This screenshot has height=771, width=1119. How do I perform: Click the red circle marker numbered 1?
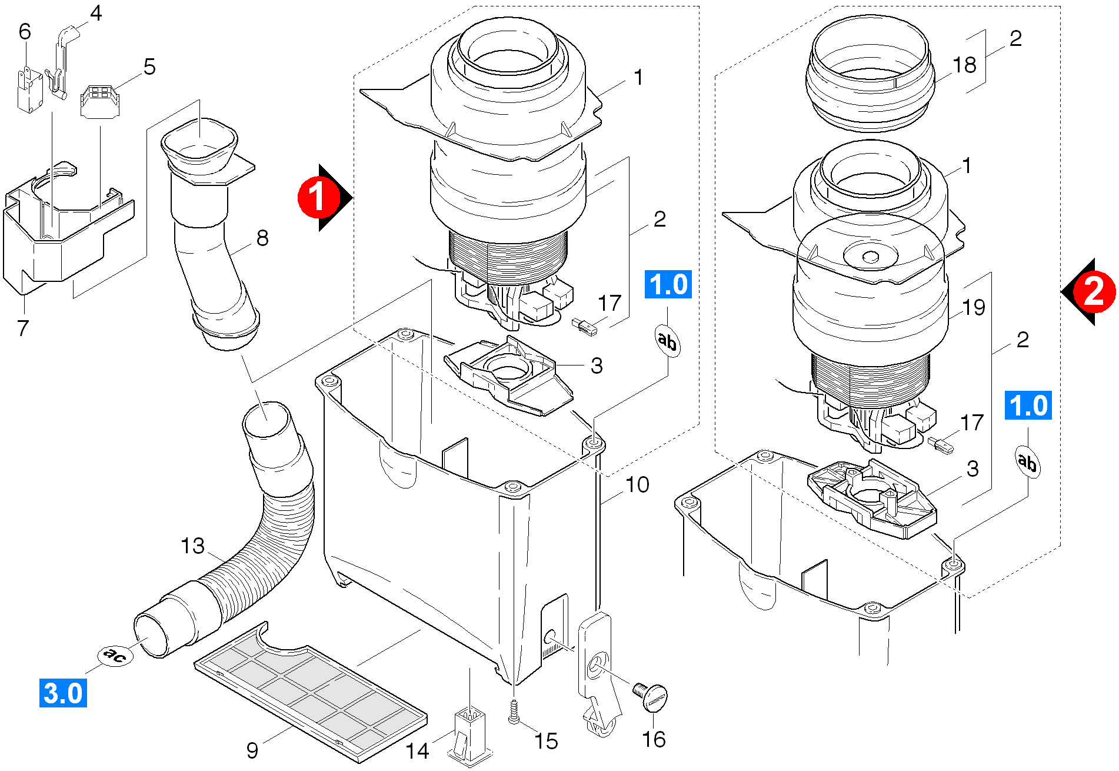coord(318,197)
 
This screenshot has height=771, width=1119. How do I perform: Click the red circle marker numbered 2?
coord(1093,291)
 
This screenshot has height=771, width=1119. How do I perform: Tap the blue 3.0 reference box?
coord(63,693)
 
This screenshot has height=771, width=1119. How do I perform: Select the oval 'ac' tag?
coord(115,655)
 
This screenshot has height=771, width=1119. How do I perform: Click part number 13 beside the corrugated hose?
coord(192,546)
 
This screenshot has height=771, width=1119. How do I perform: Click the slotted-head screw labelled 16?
coord(652,697)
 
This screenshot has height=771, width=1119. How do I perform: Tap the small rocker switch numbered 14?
coord(469,736)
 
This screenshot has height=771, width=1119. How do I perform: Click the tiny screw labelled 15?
coord(514,712)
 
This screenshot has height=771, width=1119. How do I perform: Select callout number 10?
coord(637,485)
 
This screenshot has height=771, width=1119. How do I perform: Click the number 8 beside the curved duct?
coord(262,238)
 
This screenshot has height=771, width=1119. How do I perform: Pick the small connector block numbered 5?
coord(99,101)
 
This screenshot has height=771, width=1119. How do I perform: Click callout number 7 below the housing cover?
coord(23,328)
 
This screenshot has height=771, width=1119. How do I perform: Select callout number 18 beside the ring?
coord(964,65)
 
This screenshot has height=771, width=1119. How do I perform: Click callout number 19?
coord(974,307)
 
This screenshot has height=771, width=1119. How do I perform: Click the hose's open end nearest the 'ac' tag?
coord(150,634)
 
